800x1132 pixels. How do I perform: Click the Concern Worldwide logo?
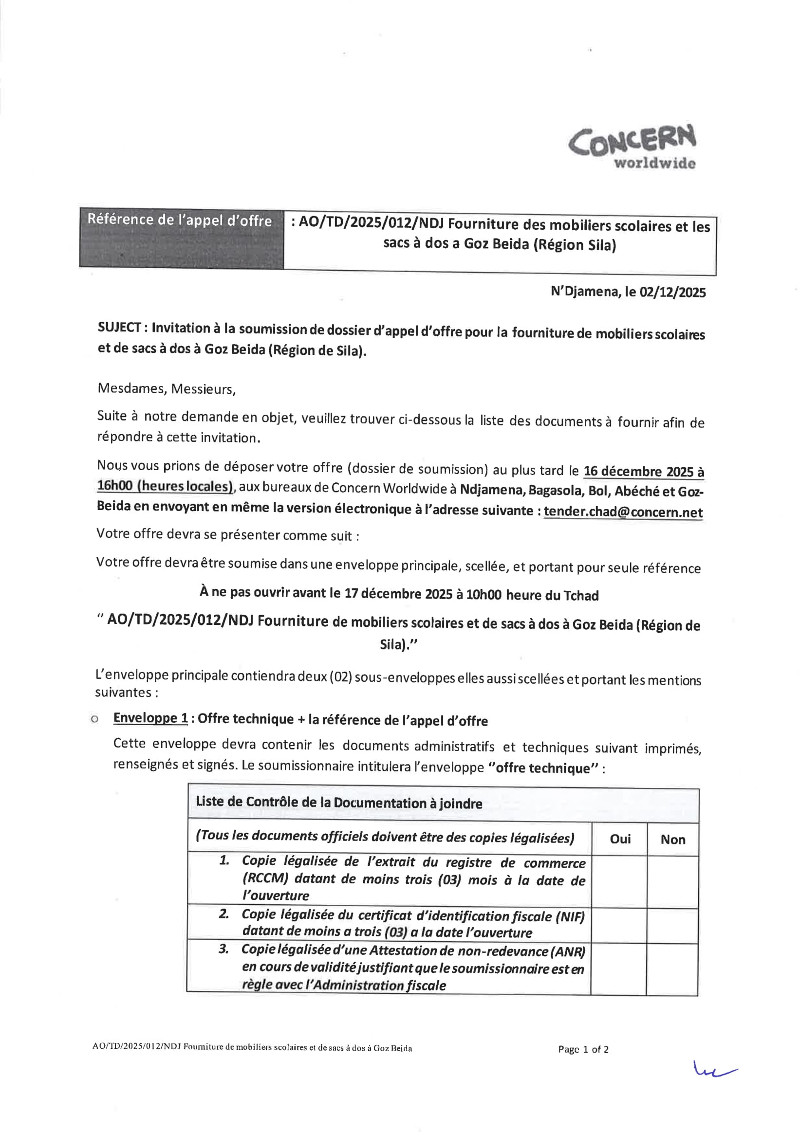(x=633, y=146)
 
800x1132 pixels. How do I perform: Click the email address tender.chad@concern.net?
(x=623, y=512)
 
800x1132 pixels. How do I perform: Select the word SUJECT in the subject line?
(x=119, y=328)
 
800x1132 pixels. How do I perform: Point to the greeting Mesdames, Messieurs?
(x=166, y=388)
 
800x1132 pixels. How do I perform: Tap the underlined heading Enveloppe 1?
(x=150, y=718)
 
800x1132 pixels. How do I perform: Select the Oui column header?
(x=620, y=839)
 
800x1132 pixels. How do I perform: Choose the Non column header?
(x=673, y=839)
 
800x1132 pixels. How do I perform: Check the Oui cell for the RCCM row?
(x=619, y=881)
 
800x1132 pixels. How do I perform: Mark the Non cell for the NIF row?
(x=672, y=926)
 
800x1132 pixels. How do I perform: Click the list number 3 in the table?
(x=223, y=949)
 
